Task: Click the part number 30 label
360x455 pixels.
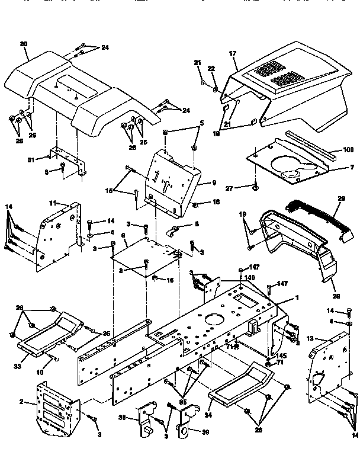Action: tap(24, 44)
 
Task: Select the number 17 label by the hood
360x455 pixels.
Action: tap(233, 54)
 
